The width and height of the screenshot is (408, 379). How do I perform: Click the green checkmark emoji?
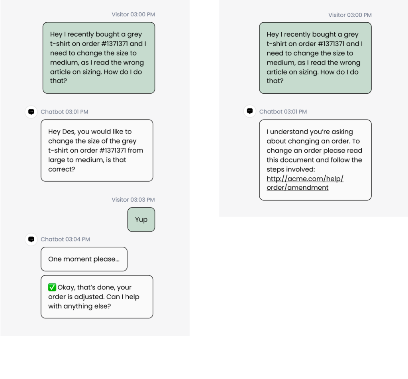pos(52,287)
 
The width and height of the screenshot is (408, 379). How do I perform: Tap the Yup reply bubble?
pos(141,220)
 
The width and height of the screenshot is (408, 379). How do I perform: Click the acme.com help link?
pos(305,183)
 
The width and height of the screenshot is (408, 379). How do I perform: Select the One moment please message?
pos(84,259)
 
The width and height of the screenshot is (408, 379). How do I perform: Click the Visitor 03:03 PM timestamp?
pos(133,200)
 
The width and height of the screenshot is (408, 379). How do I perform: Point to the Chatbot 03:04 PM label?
pos(65,239)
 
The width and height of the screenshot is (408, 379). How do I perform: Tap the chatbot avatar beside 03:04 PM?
pos(31,239)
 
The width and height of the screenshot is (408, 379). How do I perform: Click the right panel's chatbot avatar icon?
pos(250,112)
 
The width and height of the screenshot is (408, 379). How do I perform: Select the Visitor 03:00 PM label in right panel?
pos(350,15)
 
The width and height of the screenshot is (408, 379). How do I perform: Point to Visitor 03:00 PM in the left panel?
pos(133,15)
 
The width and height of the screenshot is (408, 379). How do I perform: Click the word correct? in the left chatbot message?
pos(62,169)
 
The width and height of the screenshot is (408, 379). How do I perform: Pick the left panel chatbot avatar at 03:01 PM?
pos(31,112)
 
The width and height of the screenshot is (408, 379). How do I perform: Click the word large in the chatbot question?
pos(57,160)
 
